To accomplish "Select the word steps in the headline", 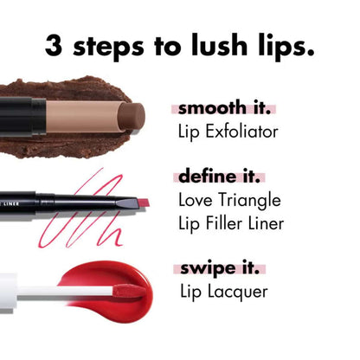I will (x=108, y=48).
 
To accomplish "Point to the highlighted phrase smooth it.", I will (x=224, y=110).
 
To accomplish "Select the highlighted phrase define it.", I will (x=218, y=177).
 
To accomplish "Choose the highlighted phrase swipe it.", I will (x=219, y=269).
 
